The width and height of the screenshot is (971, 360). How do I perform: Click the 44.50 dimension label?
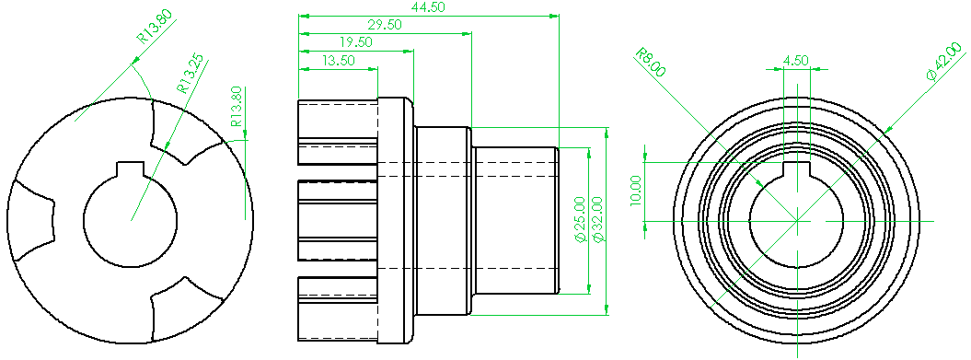(x=428, y=7)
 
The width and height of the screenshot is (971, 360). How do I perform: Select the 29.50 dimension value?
(x=385, y=25)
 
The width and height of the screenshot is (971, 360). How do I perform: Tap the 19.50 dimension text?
(x=355, y=42)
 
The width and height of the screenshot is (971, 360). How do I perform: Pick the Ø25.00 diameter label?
(x=580, y=220)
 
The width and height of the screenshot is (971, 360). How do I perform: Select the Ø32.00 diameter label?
(x=597, y=220)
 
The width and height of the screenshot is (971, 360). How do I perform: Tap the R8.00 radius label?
(x=650, y=63)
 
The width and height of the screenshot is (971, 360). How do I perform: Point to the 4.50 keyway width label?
(x=796, y=61)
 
